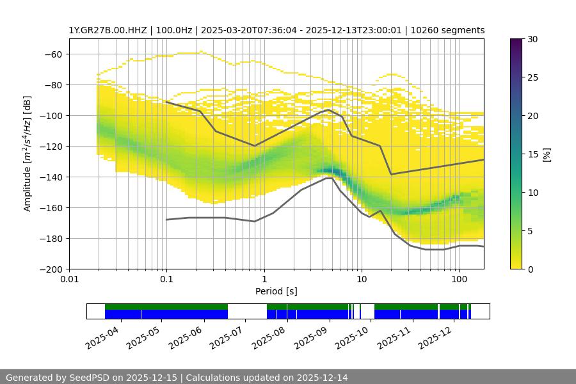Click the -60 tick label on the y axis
coord(53,54)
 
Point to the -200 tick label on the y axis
coord(51,269)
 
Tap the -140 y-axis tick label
coord(51,177)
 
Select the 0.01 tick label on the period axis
coord(69,280)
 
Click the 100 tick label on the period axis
coord(458,280)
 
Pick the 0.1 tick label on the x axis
coord(166,280)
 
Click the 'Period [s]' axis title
coord(276,291)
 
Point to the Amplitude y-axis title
coord(28,154)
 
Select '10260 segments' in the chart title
coord(451,30)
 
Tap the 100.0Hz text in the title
coord(165,30)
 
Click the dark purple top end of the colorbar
coord(516,42)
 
